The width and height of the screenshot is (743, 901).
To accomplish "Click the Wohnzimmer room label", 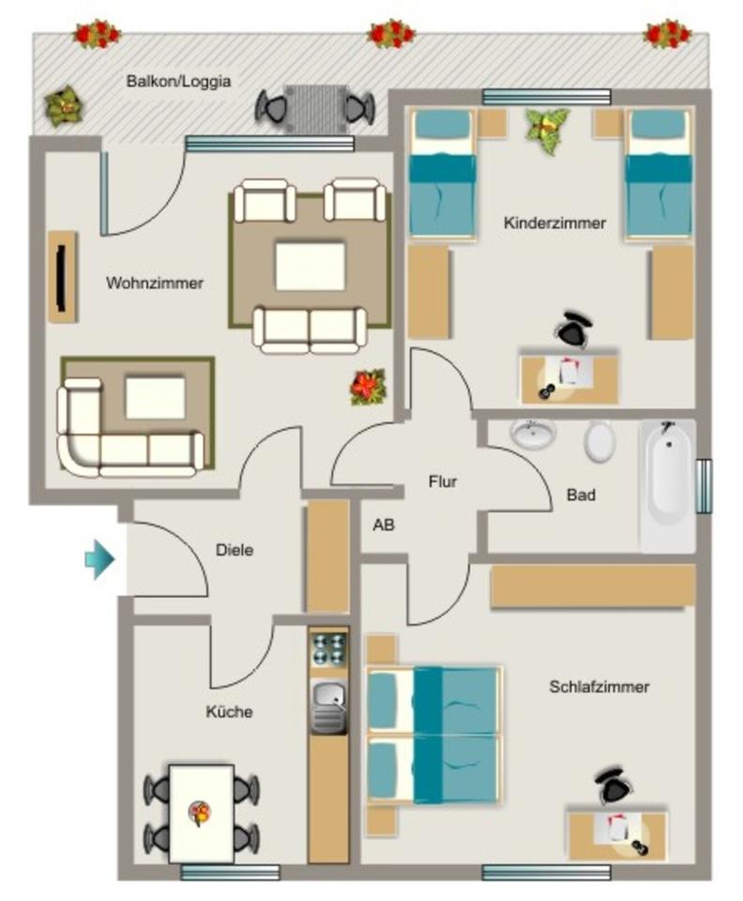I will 155,283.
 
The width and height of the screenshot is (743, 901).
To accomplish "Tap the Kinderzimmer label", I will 554,223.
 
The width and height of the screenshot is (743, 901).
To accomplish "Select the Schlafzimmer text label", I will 599,687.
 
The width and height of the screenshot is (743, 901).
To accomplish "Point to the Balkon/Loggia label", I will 178,82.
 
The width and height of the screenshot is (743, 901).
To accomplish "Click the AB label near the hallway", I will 384,526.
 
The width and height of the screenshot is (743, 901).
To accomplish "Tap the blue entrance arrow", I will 99,560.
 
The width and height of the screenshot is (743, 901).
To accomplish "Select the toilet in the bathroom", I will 599,440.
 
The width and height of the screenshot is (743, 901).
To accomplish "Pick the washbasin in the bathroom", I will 534,434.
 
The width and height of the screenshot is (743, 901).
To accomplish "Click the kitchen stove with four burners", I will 328,649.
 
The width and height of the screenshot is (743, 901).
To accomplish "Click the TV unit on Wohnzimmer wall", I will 62,277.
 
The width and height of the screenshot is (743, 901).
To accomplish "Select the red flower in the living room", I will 369,387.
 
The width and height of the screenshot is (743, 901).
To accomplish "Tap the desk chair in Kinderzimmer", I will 573,331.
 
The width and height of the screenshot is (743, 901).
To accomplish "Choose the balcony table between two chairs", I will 315,105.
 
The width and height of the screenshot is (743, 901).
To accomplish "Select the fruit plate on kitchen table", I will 200,811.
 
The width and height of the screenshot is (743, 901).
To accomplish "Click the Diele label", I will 234,550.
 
